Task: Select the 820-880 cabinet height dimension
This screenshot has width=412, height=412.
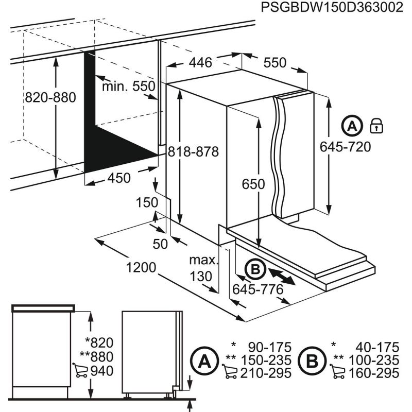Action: pos(50,97)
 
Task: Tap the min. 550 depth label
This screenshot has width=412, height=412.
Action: pos(128,87)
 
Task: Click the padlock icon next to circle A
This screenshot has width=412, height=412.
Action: pos(376,125)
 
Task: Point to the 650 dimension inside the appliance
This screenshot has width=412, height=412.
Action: pos(253,184)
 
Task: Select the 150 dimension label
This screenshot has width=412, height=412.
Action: pos(147,203)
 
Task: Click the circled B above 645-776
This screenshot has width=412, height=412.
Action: pos(255,269)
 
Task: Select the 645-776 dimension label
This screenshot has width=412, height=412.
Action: pos(257,289)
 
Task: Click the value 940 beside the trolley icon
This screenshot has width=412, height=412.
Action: pos(101,371)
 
